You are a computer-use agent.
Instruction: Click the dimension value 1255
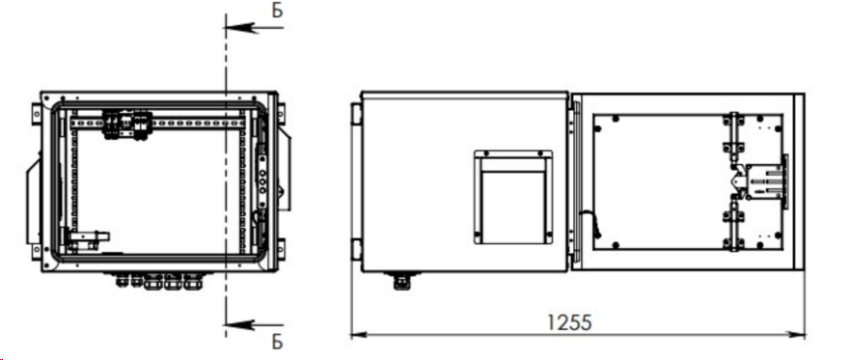coord(569,322)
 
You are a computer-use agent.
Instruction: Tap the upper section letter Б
coord(277,11)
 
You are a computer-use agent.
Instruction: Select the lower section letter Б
coord(277,342)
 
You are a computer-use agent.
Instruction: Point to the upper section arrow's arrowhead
coord(239,26)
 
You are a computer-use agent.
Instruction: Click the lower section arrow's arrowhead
coord(239,325)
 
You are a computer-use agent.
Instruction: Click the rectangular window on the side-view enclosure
coord(513,197)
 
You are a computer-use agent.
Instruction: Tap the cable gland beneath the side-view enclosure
coord(401,281)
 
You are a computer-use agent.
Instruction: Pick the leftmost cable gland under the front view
coord(120,280)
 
